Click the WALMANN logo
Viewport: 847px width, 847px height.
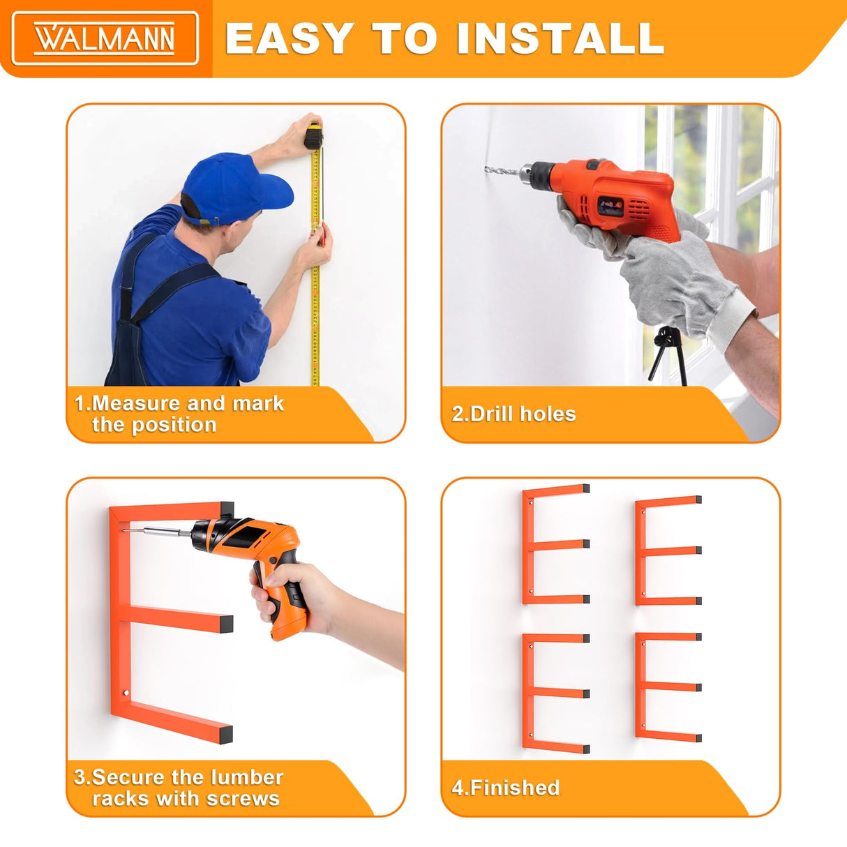coord(105,38)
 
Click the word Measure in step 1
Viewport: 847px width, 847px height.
coord(135,403)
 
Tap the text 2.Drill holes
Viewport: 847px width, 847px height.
coord(514,414)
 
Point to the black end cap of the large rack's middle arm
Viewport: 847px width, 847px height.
coord(226,624)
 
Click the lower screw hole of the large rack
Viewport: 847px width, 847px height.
coord(126,694)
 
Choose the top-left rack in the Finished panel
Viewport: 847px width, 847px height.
coord(555,544)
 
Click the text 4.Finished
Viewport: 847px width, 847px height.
coord(505,787)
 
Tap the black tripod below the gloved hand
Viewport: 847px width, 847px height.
coord(668,355)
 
